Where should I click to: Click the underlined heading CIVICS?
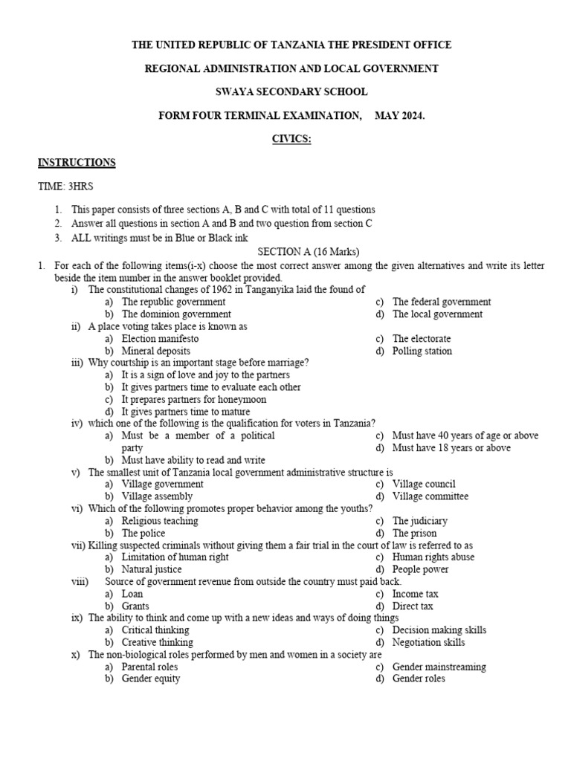coord(291,139)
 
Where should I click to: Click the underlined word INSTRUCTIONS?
coord(77,163)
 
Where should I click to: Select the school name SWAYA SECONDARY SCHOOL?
coord(291,92)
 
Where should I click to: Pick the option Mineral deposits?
coord(155,351)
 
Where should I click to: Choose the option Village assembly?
coord(157,496)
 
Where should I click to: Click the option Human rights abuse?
coord(433,557)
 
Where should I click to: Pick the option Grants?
coord(135,606)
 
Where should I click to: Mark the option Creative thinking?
coord(157,642)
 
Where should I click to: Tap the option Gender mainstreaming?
coord(439,667)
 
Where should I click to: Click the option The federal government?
coord(442,302)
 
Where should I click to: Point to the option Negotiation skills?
coord(428,642)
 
